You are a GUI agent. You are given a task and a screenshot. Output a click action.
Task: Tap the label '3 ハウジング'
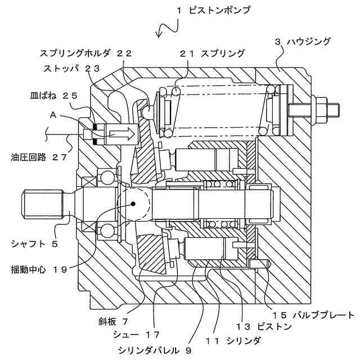[303, 42]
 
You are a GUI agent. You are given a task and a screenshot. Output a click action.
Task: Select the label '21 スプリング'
[213, 53]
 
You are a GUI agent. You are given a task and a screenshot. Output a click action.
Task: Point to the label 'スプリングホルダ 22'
[86, 53]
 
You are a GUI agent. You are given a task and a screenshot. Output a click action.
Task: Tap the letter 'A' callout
[53, 114]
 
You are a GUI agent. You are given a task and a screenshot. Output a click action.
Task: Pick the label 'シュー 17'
[137, 335]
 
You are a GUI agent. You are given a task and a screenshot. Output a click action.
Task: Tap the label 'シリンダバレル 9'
[155, 350]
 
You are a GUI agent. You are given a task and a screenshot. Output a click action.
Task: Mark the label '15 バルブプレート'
[313, 314]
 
